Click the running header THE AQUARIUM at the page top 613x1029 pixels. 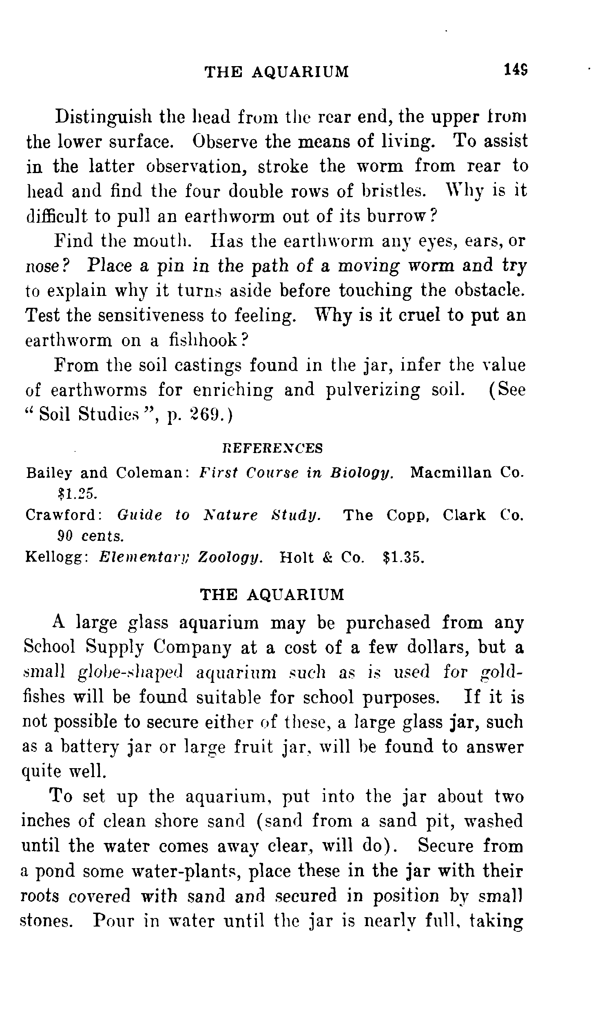(x=277, y=72)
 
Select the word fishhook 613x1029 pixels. (x=204, y=340)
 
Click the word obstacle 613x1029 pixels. (x=490, y=290)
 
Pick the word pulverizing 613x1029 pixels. (x=373, y=390)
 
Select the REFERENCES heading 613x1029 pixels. (x=272, y=448)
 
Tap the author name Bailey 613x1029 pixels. (x=47, y=473)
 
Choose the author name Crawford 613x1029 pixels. (x=64, y=515)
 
